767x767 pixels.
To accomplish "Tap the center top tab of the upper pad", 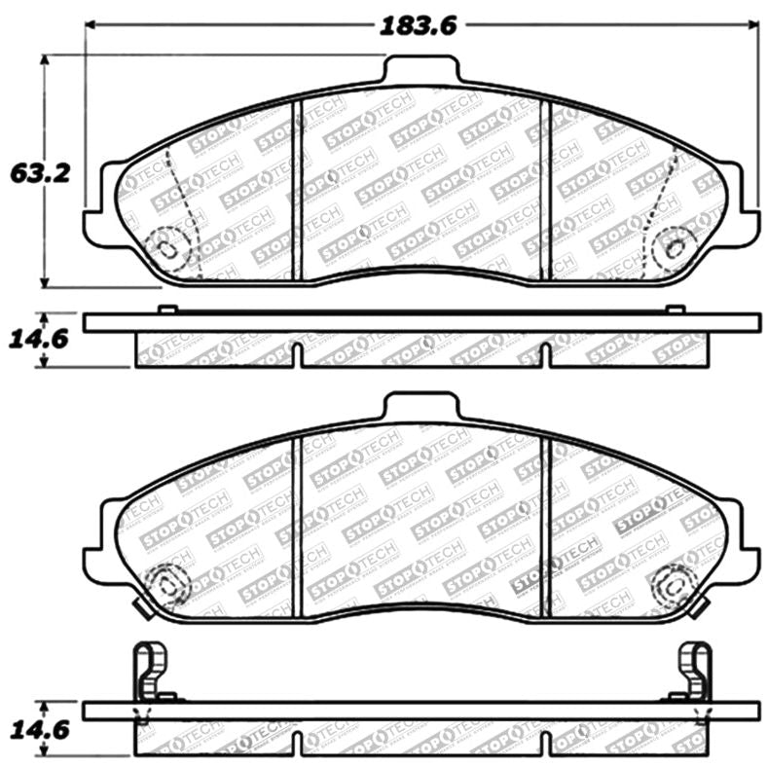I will [x=420, y=71].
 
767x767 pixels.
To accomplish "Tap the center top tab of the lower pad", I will [x=420, y=407].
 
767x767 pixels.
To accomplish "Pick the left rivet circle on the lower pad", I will [x=166, y=584].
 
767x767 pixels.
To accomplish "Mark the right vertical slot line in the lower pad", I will [x=546, y=526].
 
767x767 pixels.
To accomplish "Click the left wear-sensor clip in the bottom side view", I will [x=148, y=672].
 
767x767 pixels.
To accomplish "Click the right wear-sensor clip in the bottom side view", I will [x=695, y=672].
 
